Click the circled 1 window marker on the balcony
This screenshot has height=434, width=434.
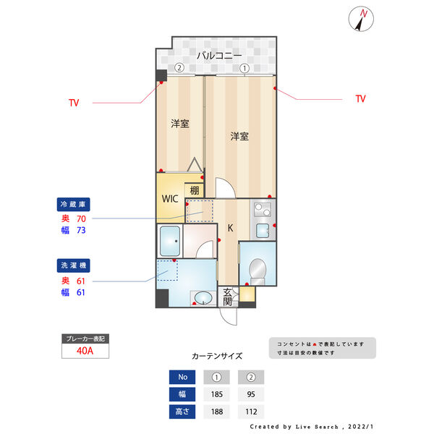(244, 68)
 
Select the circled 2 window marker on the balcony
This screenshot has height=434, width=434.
(179, 68)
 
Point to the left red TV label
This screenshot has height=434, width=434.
(74, 103)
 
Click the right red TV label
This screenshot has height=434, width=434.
(360, 98)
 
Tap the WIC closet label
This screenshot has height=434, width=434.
(170, 198)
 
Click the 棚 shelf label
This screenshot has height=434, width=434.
(195, 191)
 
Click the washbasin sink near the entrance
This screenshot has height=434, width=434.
(200, 297)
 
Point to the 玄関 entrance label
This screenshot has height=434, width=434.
(228, 297)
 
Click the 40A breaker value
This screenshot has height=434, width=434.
(85, 351)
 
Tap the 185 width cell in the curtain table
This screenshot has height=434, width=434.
(216, 395)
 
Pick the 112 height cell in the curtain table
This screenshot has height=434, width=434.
(251, 412)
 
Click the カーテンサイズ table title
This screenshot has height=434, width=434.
(217, 356)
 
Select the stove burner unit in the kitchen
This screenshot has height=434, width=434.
(260, 211)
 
